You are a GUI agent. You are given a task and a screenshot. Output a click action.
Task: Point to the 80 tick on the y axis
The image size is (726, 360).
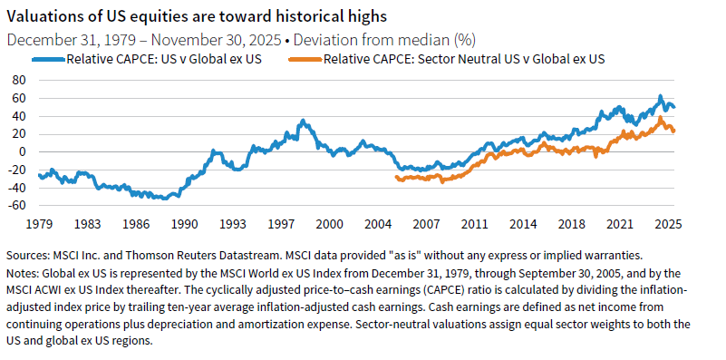[17, 79]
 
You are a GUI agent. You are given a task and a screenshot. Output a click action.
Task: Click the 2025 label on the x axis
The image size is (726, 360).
[668, 223]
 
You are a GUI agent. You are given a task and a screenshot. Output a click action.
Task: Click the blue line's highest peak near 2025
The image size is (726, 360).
[661, 96]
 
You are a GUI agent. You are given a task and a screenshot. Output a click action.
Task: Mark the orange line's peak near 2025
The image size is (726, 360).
[662, 118]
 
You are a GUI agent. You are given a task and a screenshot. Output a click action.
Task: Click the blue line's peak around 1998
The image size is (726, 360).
[302, 120]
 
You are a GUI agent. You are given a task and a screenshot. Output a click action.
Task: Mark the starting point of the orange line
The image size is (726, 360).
[397, 178]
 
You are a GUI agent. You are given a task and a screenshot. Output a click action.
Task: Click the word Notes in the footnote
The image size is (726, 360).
[24, 271]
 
